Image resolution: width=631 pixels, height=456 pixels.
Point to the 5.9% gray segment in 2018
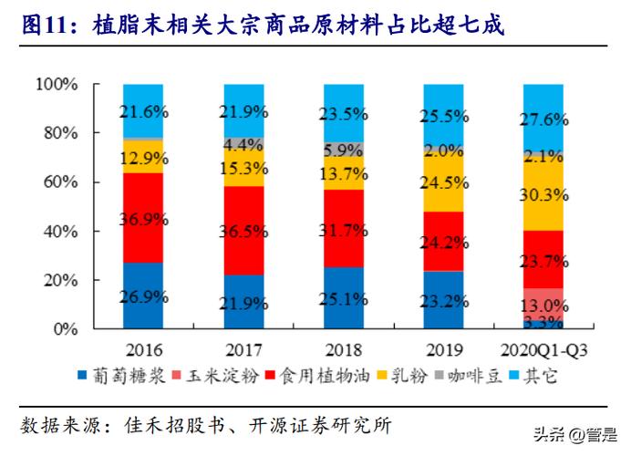343,150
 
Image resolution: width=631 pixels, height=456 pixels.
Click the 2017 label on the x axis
243,349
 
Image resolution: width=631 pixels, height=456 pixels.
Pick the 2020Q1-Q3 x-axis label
543,349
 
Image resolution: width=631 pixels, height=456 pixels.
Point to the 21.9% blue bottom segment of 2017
243,302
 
